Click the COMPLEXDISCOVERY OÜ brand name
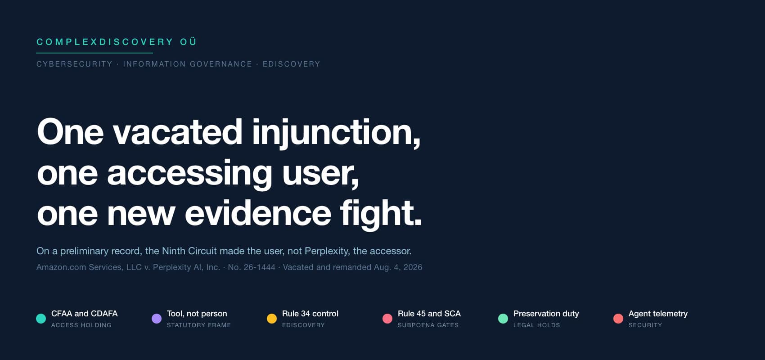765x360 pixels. (117, 42)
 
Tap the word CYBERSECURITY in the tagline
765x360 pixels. (74, 64)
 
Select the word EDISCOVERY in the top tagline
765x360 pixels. (291, 64)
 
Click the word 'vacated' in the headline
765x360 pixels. (178, 132)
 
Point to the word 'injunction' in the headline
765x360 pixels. (337, 133)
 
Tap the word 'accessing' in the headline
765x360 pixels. (189, 174)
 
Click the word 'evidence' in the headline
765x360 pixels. (258, 213)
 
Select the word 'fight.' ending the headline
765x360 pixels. (381, 215)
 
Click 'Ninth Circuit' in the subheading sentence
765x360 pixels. (189, 251)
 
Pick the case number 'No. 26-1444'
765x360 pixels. (252, 267)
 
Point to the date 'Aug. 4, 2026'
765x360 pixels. (398, 267)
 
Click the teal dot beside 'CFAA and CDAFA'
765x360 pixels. (41, 318)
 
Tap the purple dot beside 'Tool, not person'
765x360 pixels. (157, 318)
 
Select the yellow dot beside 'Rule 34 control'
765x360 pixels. (272, 318)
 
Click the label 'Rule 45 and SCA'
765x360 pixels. (429, 314)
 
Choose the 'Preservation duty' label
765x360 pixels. (546, 314)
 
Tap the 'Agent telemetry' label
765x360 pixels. (658, 314)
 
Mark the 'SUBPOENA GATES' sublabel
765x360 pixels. (428, 325)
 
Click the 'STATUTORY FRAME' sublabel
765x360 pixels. (199, 325)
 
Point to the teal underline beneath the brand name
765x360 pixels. (94, 53)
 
